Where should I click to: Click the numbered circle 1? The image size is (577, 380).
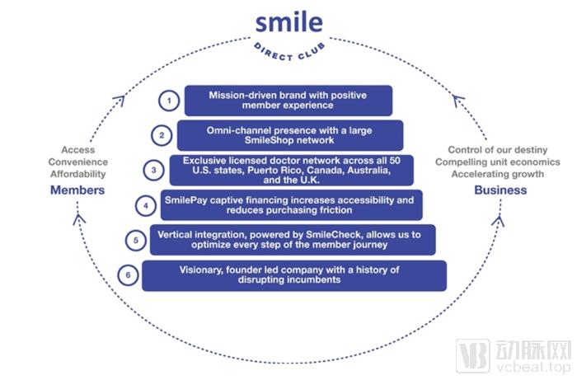(x=169, y=101)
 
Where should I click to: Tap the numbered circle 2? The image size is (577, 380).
(x=162, y=135)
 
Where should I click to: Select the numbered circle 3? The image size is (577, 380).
(x=153, y=171)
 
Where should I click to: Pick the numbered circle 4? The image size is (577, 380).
(x=145, y=204)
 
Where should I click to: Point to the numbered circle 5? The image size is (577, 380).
(x=136, y=241)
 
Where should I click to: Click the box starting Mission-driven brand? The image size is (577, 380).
(x=288, y=101)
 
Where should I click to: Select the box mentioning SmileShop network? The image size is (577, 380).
(x=289, y=135)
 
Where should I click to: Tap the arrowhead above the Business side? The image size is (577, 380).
(x=458, y=102)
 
